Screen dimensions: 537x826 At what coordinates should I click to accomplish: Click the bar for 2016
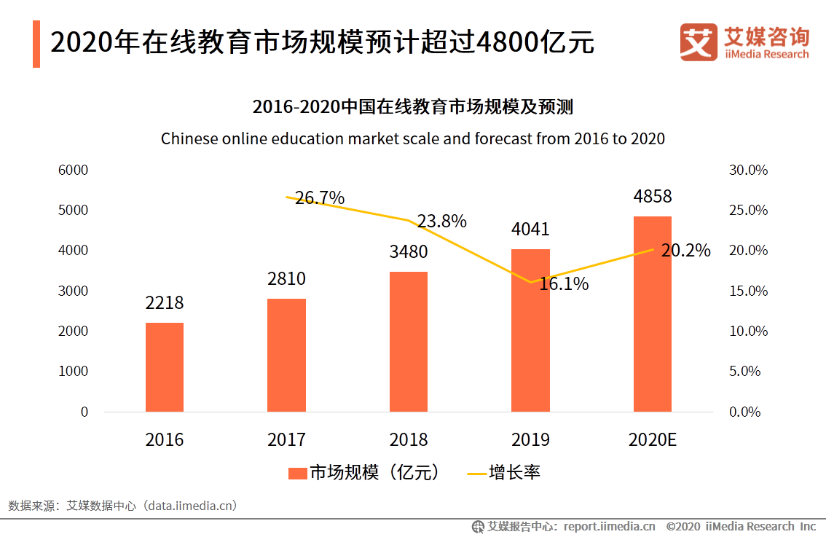pyautogui.click(x=165, y=367)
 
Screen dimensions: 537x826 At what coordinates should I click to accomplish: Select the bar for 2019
pyautogui.click(x=530, y=331)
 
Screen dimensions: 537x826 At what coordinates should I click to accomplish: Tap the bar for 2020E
pyautogui.click(x=652, y=314)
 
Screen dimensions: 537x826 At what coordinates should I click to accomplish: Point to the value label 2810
pyautogui.click(x=286, y=279)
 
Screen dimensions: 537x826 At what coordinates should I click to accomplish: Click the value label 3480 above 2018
pyautogui.click(x=409, y=252)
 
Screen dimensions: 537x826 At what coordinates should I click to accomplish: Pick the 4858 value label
pyautogui.click(x=652, y=197)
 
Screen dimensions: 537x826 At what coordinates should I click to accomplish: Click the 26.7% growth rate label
pyautogui.click(x=320, y=198)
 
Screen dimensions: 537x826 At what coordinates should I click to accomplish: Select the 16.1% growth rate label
pyautogui.click(x=564, y=284)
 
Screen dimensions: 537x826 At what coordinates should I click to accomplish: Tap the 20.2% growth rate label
pyautogui.click(x=685, y=251)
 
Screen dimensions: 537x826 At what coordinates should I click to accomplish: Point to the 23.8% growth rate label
pyautogui.click(x=441, y=222)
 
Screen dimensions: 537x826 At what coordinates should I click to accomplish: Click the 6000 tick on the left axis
pyautogui.click(x=73, y=170)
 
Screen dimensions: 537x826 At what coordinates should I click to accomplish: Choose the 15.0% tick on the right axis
pyautogui.click(x=748, y=291)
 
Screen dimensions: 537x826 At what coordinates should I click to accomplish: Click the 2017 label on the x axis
pyautogui.click(x=286, y=440)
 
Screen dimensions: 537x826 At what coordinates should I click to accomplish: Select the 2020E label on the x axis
pyautogui.click(x=652, y=440)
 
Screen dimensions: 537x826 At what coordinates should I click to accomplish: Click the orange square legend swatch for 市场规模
pyautogui.click(x=297, y=473)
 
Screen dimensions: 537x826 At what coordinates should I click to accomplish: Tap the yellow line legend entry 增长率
pyautogui.click(x=503, y=473)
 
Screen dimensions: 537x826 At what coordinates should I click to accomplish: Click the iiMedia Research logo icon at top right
pyautogui.click(x=699, y=42)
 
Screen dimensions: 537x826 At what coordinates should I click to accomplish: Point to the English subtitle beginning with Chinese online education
pyautogui.click(x=412, y=138)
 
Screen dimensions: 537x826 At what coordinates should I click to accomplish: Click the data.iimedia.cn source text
pyautogui.click(x=191, y=505)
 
